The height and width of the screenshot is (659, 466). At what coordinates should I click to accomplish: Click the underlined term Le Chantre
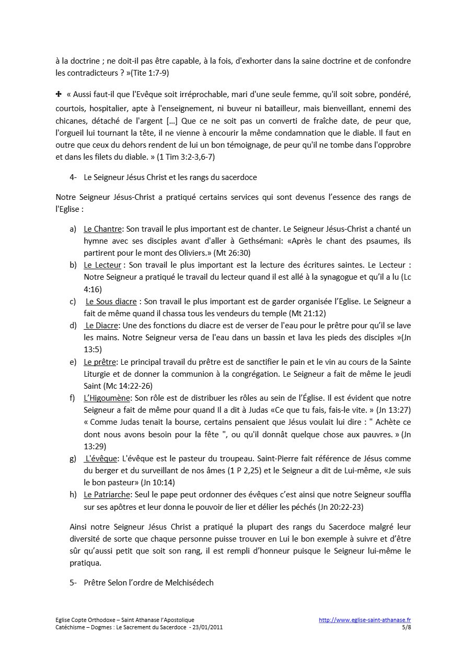click(102, 229)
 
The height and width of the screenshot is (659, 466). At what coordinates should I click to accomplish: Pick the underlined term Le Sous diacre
click(111, 302)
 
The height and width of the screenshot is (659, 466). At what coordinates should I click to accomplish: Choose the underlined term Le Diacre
click(102, 326)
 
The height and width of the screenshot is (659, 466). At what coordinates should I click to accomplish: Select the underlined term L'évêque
click(101, 458)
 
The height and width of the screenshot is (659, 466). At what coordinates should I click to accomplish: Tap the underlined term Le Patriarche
click(107, 494)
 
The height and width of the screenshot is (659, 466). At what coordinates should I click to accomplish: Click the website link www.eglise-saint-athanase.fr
click(365, 620)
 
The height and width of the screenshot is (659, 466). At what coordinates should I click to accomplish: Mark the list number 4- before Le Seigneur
click(73, 177)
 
